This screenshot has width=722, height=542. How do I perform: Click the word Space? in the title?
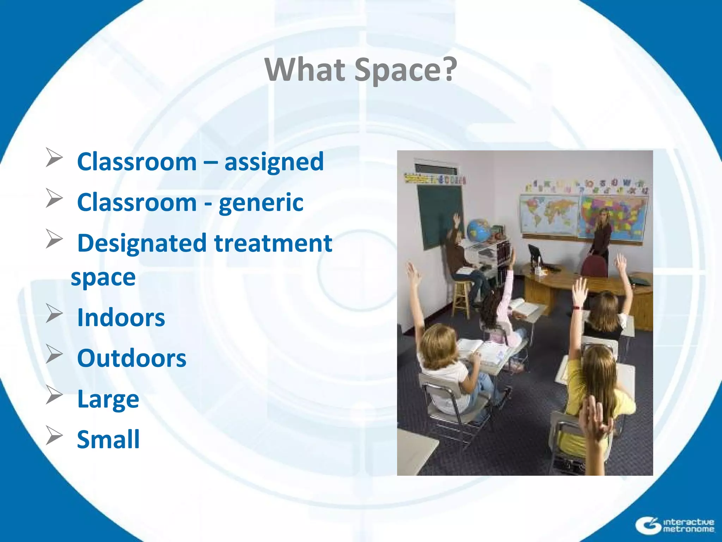tap(405, 70)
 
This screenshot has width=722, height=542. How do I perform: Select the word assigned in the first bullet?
tap(274, 162)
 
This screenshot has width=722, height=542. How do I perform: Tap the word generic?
tap(261, 203)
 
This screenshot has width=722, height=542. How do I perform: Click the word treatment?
tap(273, 243)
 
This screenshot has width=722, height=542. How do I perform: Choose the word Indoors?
tap(121, 318)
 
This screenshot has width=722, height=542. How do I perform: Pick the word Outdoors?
tap(131, 359)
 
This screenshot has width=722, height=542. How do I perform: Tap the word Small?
tap(108, 440)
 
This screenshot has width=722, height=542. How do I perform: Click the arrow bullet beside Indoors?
tap(54, 313)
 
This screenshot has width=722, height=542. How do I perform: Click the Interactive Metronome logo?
tap(675, 525)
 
